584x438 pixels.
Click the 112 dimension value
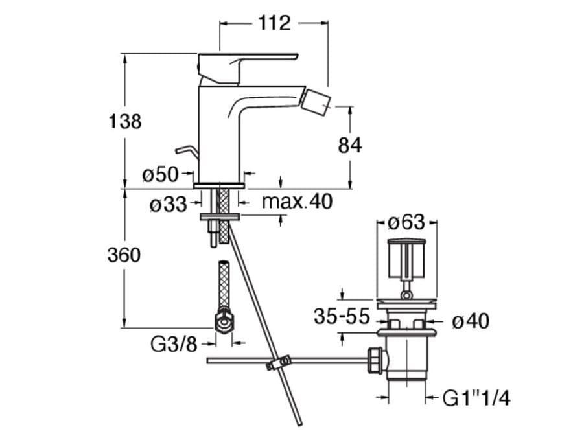point(274,23)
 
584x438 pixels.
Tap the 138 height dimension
point(124,121)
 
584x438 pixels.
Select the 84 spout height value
point(350,145)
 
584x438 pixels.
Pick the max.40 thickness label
point(296,202)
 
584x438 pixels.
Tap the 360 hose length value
point(124,255)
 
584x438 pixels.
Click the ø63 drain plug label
point(406,223)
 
